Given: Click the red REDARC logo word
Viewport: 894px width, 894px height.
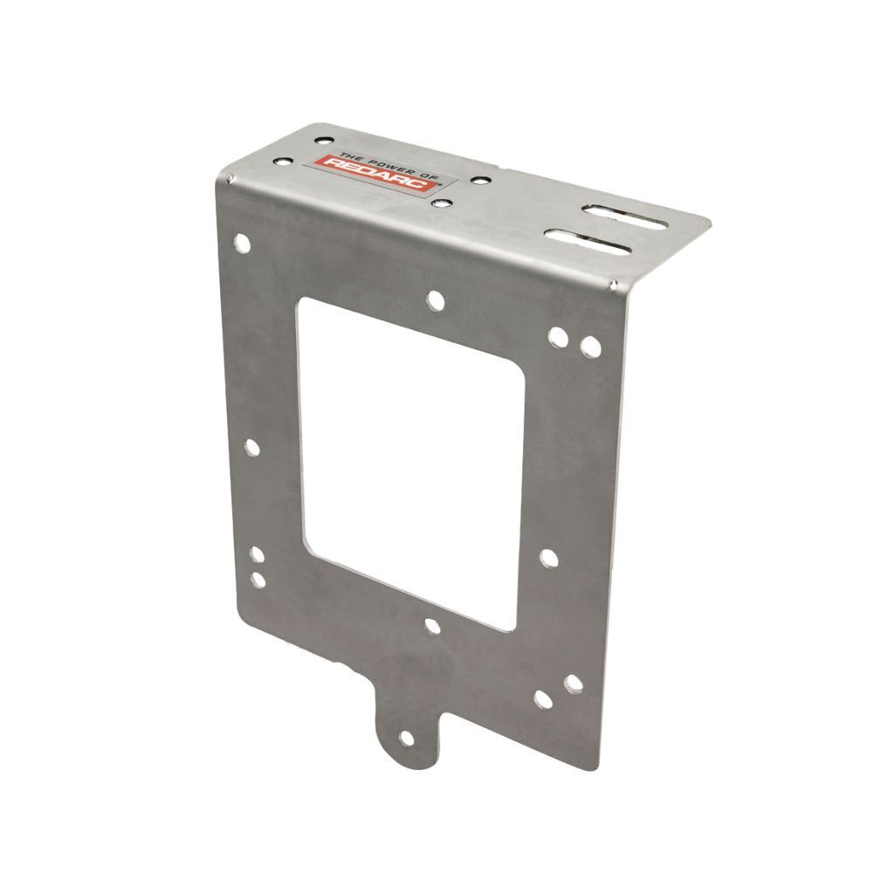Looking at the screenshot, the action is click(376, 176).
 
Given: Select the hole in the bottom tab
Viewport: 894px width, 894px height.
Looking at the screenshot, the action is click(407, 739).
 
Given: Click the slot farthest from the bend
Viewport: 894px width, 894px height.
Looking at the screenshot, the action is click(624, 217).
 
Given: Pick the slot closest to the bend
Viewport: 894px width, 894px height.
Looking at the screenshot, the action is click(588, 242).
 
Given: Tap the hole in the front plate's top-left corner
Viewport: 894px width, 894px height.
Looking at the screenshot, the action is click(242, 244).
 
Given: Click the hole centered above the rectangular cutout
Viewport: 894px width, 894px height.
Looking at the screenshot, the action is click(435, 300).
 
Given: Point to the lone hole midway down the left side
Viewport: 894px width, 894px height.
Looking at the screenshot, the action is click(251, 448).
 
